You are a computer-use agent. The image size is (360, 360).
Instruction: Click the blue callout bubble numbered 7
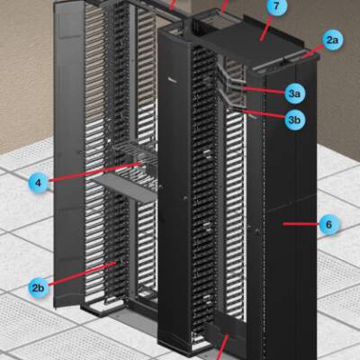point(276,6)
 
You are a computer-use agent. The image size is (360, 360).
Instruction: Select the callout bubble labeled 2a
point(332,40)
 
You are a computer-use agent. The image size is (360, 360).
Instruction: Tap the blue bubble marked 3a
point(294,94)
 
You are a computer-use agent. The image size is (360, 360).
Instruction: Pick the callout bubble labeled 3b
point(294,120)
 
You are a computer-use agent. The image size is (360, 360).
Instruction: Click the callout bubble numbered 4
point(39,183)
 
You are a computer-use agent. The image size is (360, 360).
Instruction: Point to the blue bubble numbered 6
point(328,224)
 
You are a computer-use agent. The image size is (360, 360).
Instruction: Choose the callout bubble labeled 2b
point(39,288)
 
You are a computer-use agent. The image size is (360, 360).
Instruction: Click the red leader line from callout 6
point(301,223)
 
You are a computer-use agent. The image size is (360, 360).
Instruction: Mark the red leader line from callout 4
point(95,172)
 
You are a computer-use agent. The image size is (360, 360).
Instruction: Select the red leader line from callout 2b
point(83,274)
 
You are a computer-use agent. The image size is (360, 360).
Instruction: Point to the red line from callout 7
point(266,28)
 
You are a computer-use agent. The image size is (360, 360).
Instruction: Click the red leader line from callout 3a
point(263,90)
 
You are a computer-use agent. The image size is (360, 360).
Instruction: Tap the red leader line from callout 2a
point(313,50)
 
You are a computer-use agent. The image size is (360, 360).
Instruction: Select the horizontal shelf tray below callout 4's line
point(125,187)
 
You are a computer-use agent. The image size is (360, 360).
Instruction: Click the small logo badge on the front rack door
point(174,80)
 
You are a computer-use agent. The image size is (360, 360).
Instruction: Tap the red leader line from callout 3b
point(265,114)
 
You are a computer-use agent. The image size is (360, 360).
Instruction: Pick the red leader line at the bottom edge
point(223,347)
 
